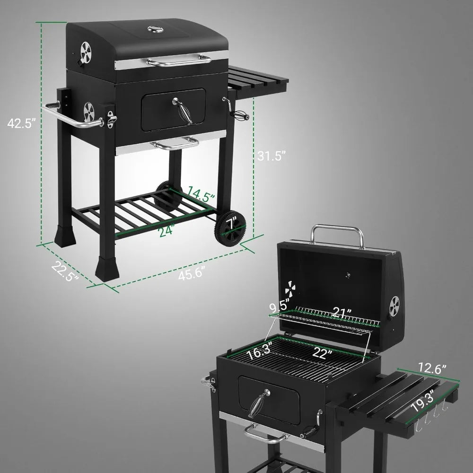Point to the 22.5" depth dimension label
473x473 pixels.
coord(65,272)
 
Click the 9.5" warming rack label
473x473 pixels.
coord(280,307)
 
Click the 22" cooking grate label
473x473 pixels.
coord(322,353)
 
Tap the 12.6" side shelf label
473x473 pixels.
coord(432,367)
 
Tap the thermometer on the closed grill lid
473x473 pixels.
coord(154,30)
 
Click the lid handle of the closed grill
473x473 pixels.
coord(179,60)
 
